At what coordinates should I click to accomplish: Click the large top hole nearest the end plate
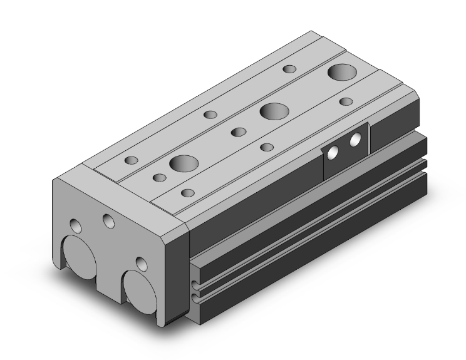pyautogui.click(x=184, y=164)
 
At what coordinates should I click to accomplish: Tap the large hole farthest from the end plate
pyautogui.click(x=343, y=72)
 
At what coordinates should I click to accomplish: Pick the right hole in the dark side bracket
pyautogui.click(x=356, y=139)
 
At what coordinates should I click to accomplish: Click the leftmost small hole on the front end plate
pyautogui.click(x=76, y=225)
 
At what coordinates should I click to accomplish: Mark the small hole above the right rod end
pyautogui.click(x=141, y=262)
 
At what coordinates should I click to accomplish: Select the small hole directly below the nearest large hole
pyautogui.click(x=187, y=192)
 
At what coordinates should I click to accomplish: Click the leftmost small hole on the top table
pyautogui.click(x=131, y=160)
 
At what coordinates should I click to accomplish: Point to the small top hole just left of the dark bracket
pyautogui.click(x=267, y=147)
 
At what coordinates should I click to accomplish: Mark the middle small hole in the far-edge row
pyautogui.click(x=210, y=115)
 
